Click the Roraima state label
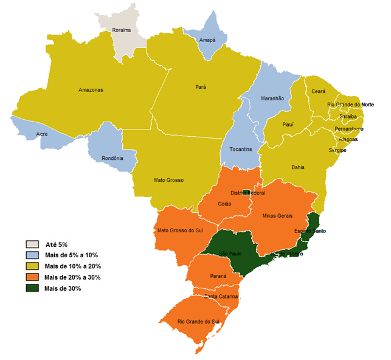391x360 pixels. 130,29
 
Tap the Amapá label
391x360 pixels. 209,40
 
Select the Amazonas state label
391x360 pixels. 91,90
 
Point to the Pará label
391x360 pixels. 201,87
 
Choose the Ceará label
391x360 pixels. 319,91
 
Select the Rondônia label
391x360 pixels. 113,158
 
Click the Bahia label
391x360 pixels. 299,167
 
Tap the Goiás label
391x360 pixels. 224,204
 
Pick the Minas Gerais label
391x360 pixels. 277,215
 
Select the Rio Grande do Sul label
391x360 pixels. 198,320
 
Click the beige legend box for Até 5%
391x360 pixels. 33,244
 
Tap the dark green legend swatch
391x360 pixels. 33,288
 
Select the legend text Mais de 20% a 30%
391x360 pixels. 72,277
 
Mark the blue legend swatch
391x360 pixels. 33,255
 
